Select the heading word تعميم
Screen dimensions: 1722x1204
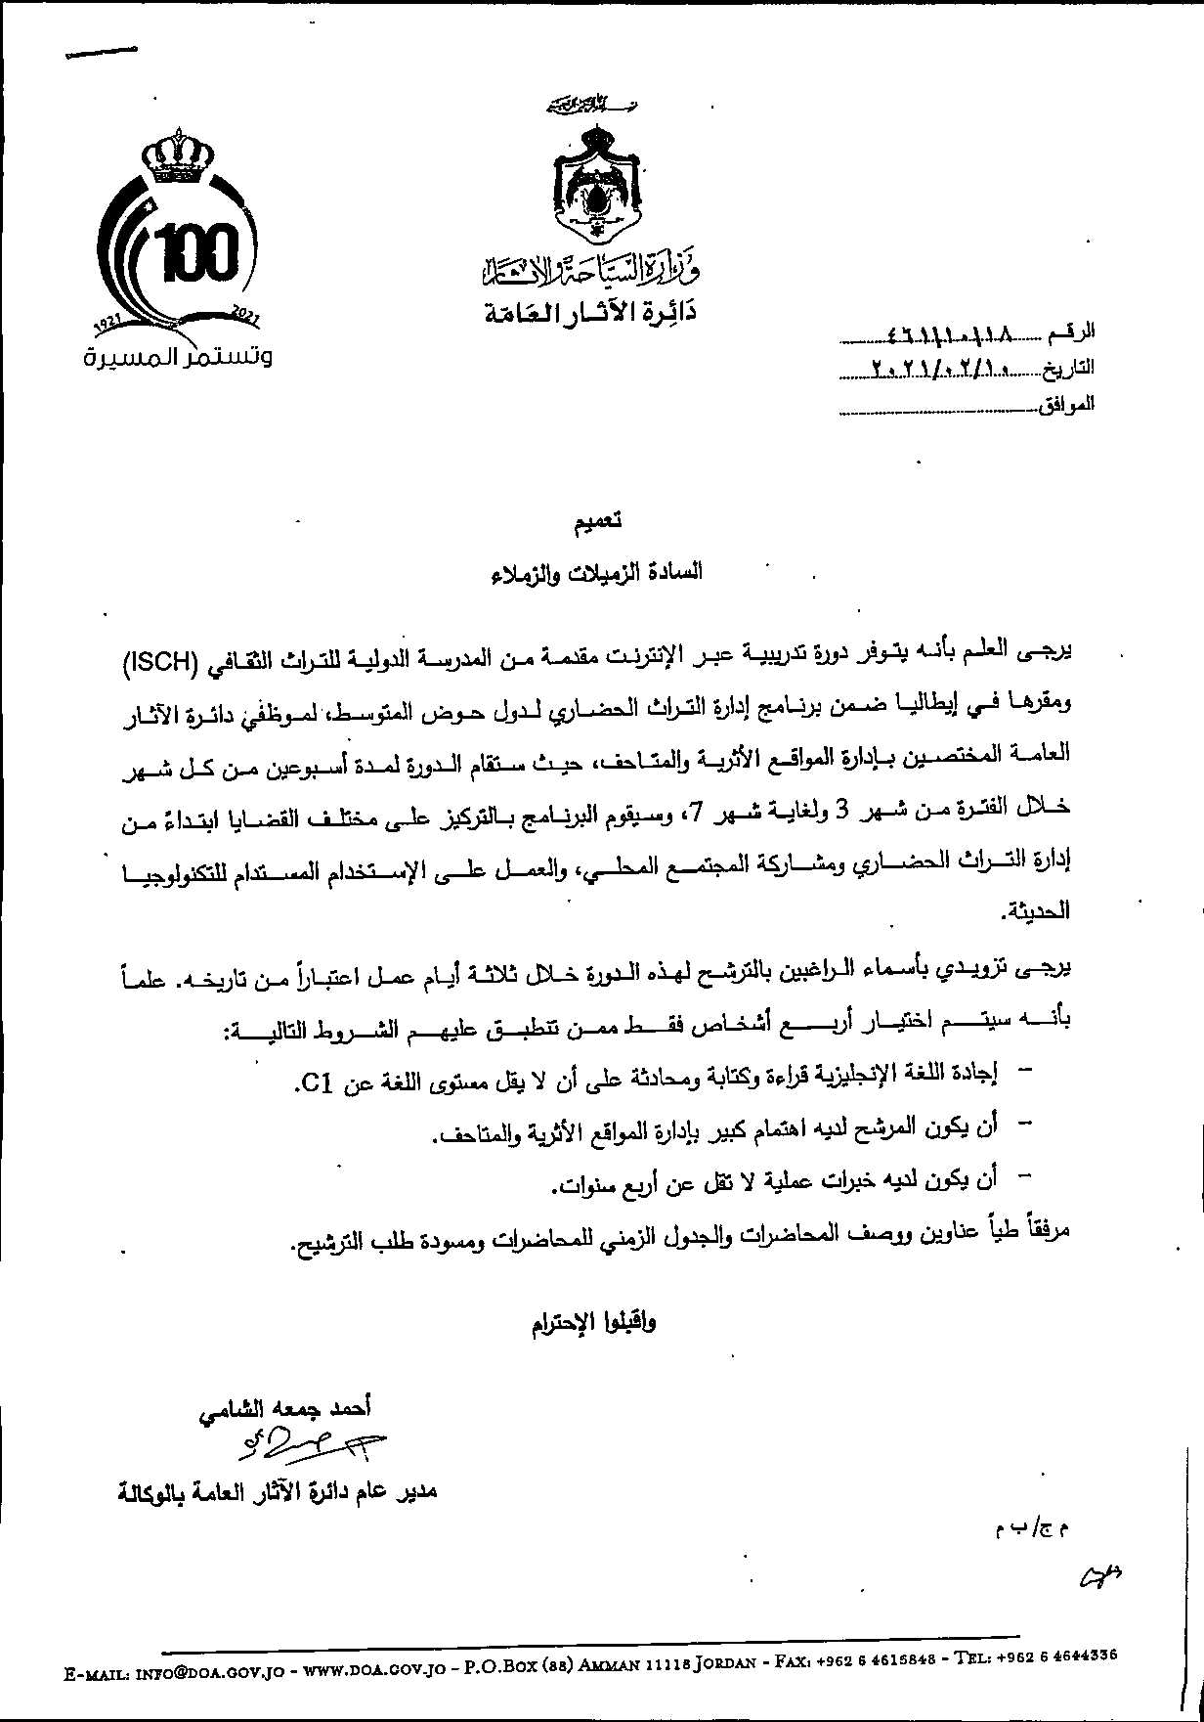pyautogui.click(x=598, y=521)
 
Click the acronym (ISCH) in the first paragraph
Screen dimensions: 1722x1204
pyautogui.click(x=161, y=662)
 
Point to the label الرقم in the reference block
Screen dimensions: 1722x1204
pyautogui.click(x=1071, y=334)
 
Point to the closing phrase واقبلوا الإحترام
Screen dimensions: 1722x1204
pyautogui.click(x=593, y=1323)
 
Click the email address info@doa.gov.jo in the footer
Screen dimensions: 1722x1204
pyautogui.click(x=208, y=1674)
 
